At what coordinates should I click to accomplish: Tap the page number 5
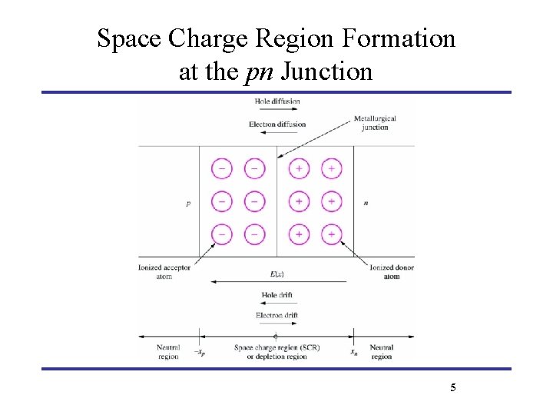(x=453, y=387)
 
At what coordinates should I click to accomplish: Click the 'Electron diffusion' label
(x=278, y=124)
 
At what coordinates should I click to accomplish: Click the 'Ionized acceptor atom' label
(x=164, y=272)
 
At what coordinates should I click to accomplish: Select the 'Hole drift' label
(x=276, y=295)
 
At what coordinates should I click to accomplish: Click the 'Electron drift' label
(x=276, y=315)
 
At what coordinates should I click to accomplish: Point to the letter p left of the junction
(x=188, y=204)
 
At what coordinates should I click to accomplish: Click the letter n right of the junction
(x=365, y=204)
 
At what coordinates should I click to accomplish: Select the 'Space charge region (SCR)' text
(x=277, y=347)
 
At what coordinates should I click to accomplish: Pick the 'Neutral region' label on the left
(x=167, y=352)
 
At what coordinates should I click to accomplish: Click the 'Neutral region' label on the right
(x=381, y=352)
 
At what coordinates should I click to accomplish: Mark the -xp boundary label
(x=199, y=354)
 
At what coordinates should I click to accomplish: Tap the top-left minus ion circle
(x=222, y=168)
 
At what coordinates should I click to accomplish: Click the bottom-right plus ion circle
(x=331, y=234)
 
